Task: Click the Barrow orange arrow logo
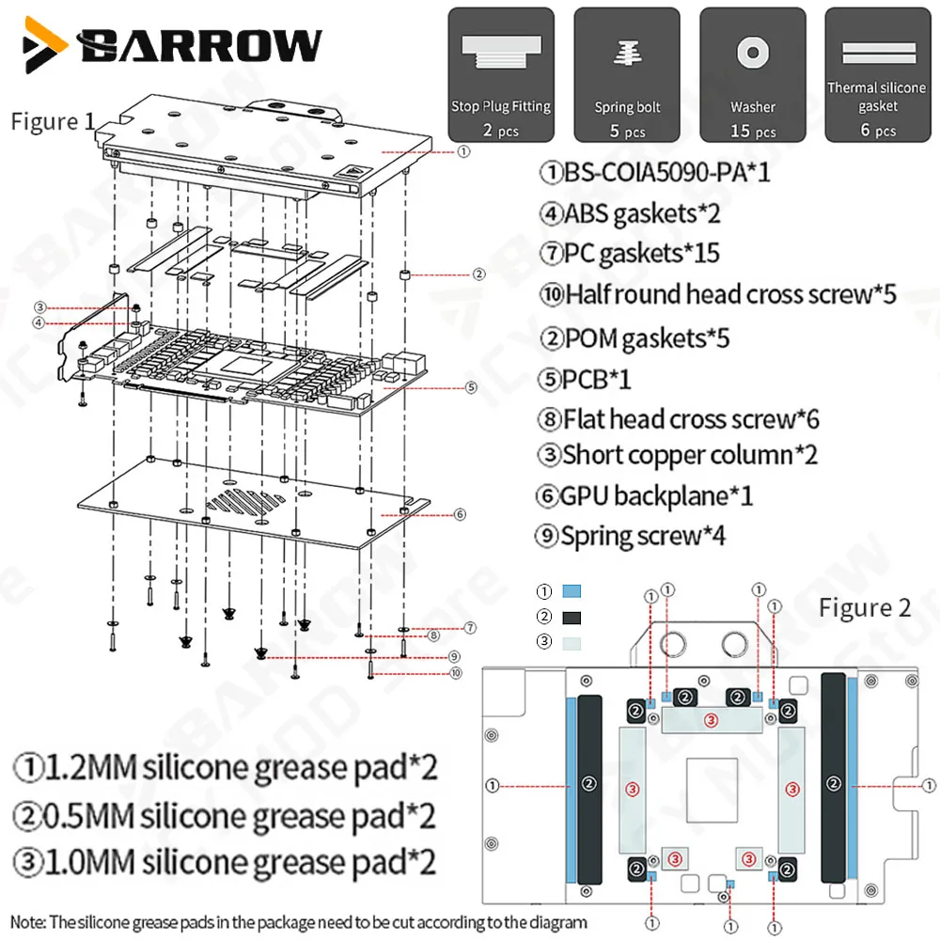pos(43,44)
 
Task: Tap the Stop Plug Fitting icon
pos(501,51)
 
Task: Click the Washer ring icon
pos(753,53)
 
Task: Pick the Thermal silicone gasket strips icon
pos(878,53)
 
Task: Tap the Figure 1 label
pos(53,121)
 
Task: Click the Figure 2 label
pos(865,608)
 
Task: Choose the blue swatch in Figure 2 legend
pos(572,591)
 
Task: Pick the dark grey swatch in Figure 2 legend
pos(572,618)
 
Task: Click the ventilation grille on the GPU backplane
pos(245,502)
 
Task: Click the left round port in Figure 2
pos(673,645)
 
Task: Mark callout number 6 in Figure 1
pos(460,514)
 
